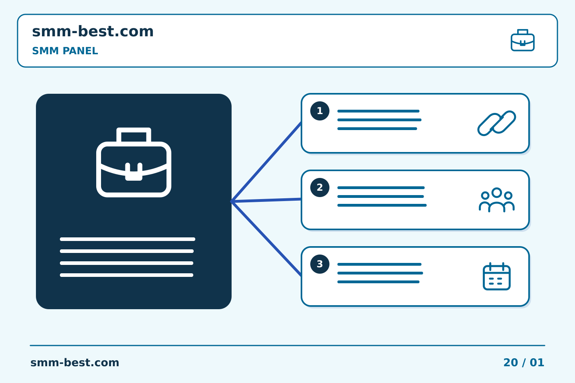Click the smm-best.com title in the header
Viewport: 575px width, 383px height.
click(x=93, y=31)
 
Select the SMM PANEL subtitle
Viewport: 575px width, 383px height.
click(x=65, y=51)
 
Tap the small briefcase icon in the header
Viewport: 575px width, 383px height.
click(x=523, y=40)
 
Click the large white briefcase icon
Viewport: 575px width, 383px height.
click(x=134, y=162)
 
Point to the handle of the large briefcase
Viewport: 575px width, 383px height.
click(x=134, y=130)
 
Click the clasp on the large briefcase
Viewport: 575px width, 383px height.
click(x=134, y=172)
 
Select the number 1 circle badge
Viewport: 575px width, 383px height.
click(x=320, y=111)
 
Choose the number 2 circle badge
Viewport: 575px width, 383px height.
click(x=320, y=188)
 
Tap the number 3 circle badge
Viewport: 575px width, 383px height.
click(x=320, y=264)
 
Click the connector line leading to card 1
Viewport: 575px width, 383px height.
click(x=266, y=162)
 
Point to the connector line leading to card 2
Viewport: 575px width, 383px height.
click(x=266, y=200)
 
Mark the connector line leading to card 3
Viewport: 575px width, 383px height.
click(x=266, y=239)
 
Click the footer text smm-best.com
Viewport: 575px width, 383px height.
click(x=75, y=363)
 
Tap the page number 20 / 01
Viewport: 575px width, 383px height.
click(x=523, y=363)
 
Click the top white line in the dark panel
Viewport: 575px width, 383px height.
click(x=128, y=239)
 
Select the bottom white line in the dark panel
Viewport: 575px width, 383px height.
click(x=127, y=275)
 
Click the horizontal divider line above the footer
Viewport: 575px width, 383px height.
click(x=287, y=345)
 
